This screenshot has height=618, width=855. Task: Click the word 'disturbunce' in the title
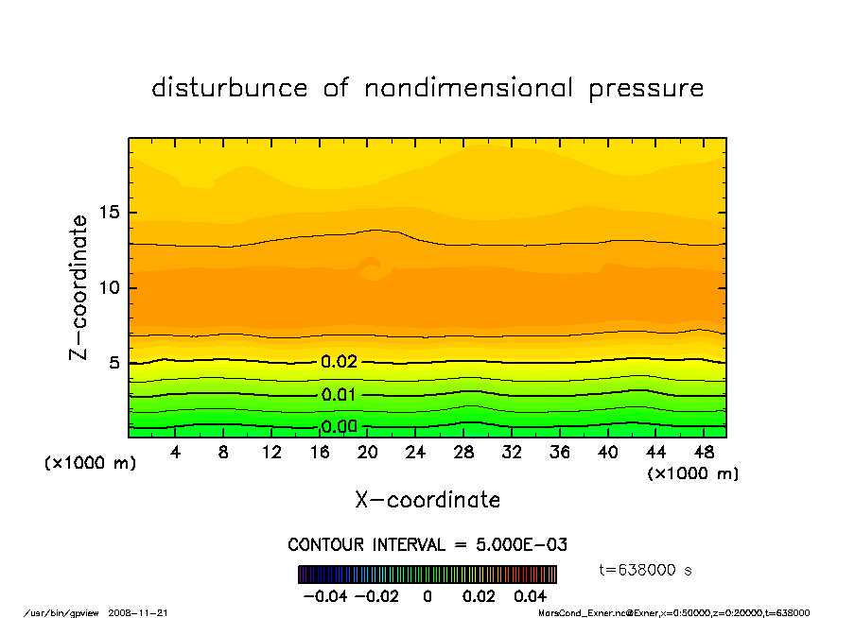[230, 88]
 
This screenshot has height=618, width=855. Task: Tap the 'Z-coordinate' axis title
[79, 287]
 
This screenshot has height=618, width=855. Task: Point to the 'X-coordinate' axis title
[427, 500]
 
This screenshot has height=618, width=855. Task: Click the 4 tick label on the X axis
[175, 453]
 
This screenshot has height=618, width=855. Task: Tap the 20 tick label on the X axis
[368, 453]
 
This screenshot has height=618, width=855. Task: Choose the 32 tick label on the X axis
[512, 453]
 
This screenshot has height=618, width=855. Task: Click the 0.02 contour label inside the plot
[339, 362]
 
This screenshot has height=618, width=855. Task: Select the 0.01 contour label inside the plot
[339, 394]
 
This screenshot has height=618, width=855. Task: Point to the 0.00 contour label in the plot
[339, 426]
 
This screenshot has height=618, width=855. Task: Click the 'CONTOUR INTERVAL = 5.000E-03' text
[427, 545]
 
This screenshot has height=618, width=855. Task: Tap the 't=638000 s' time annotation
[646, 570]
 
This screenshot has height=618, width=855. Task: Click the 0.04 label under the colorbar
[531, 596]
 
